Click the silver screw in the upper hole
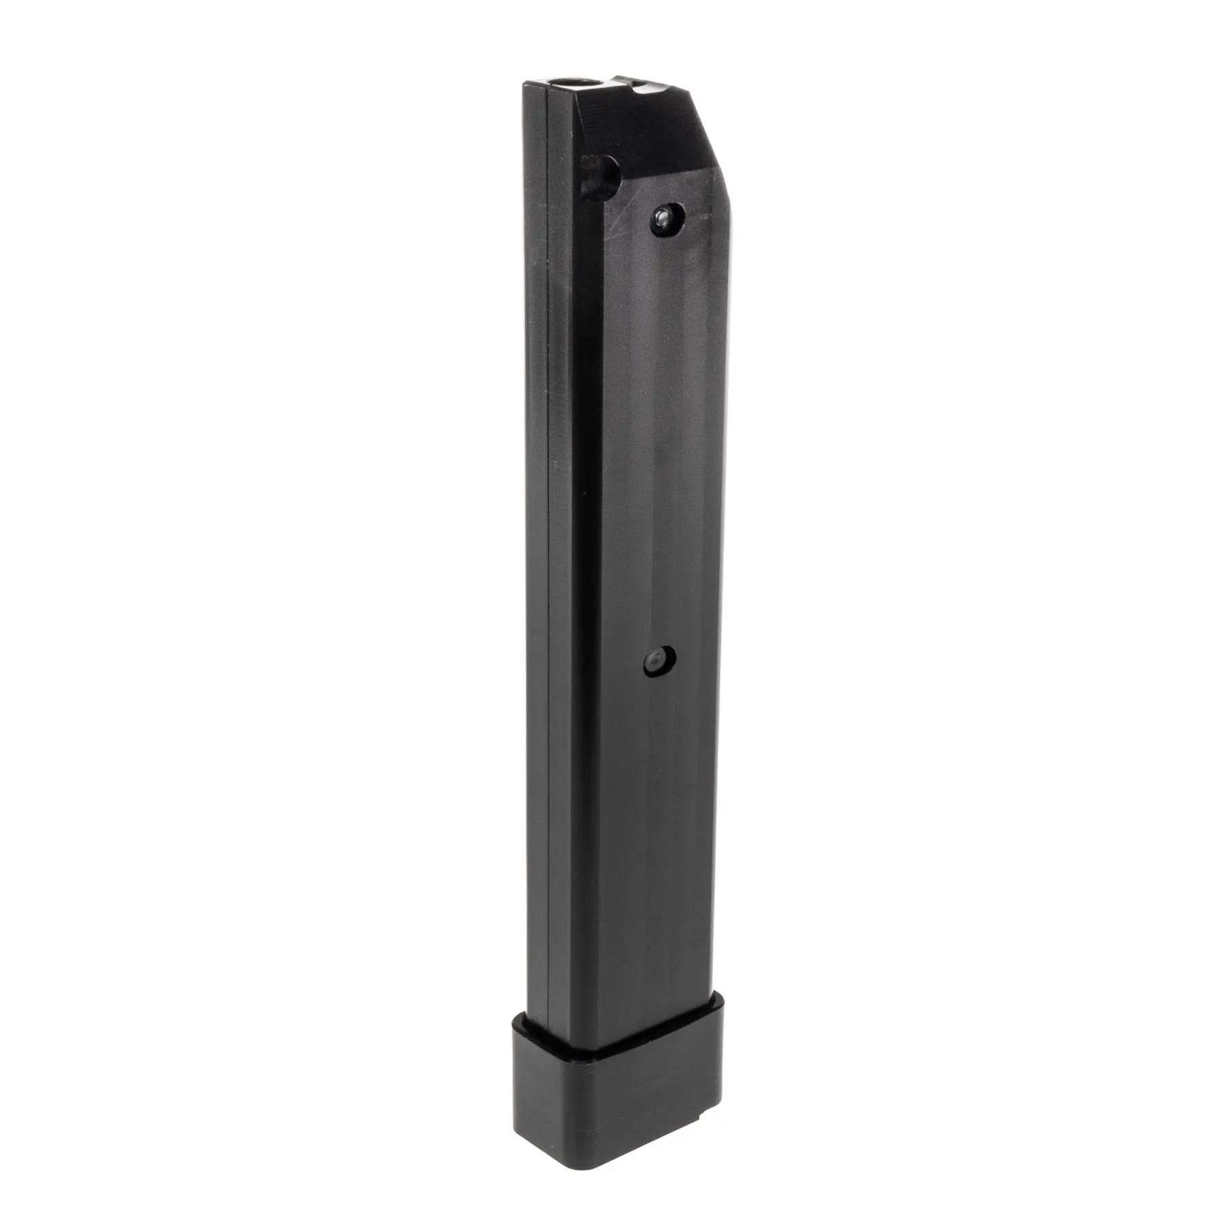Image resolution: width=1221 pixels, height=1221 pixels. (667, 217)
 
